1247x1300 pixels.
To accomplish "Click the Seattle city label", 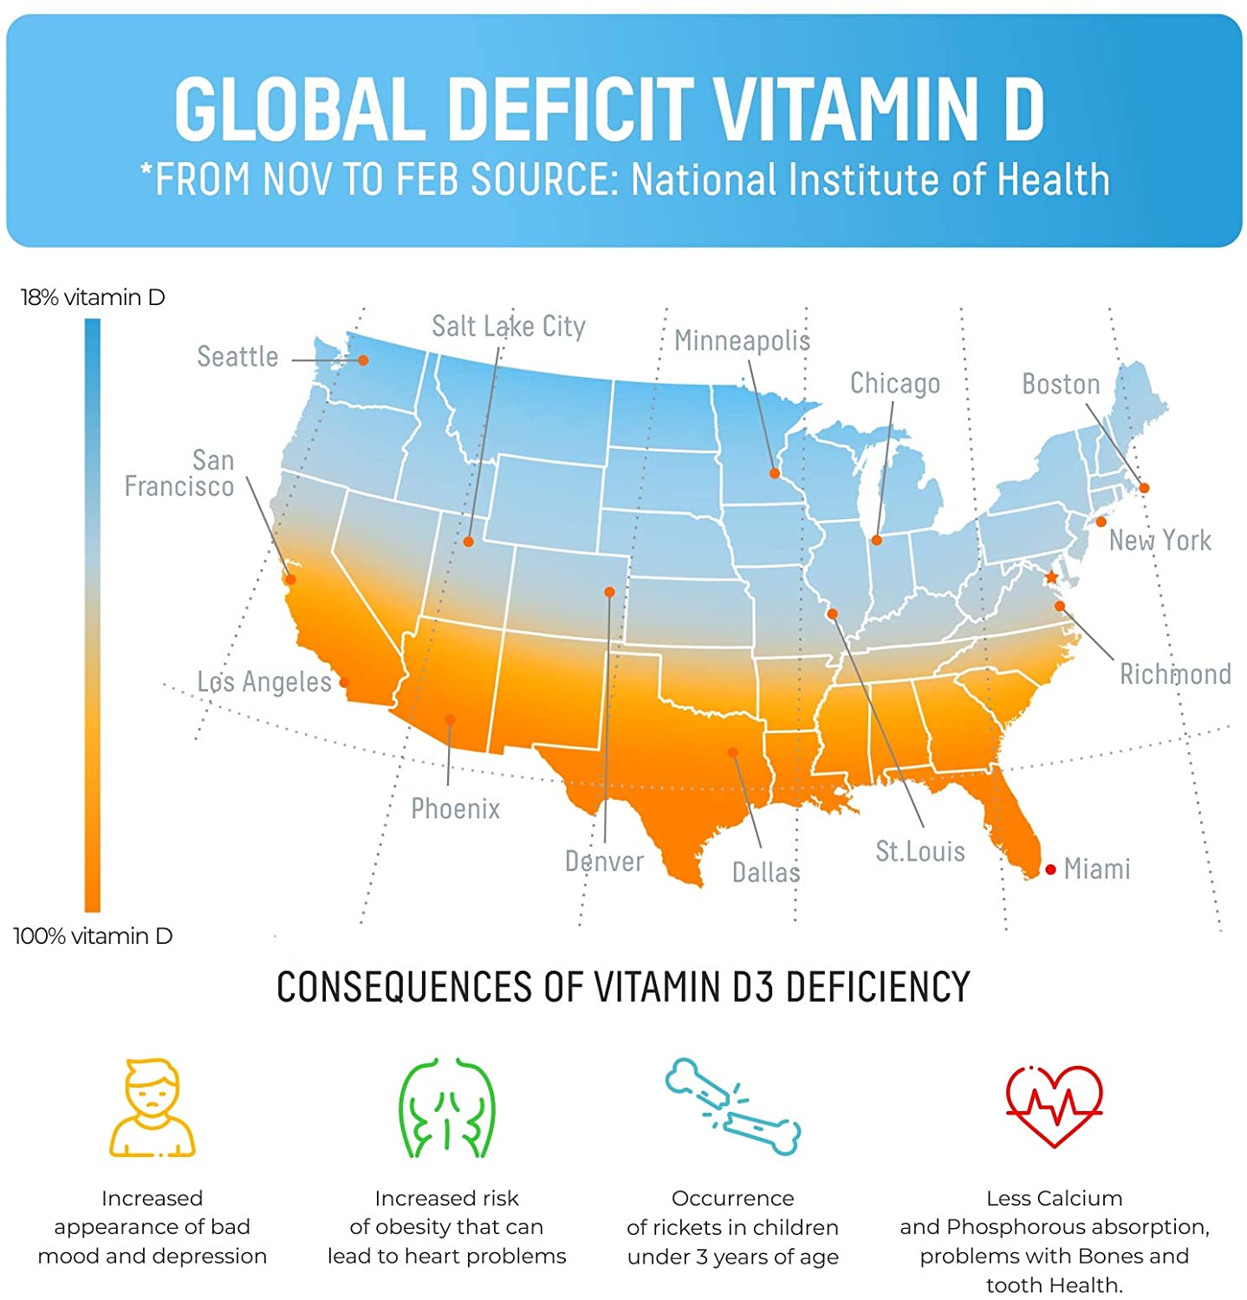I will tap(237, 356).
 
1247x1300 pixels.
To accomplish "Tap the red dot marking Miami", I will tap(1050, 869).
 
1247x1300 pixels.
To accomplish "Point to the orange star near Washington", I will tap(1051, 577).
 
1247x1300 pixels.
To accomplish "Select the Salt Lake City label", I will tap(509, 326).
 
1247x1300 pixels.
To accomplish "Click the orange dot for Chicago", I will tap(876, 540).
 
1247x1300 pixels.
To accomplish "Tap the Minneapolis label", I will tap(742, 341).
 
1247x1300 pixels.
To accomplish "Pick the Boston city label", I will tap(1061, 384).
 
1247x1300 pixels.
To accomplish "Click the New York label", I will tap(1159, 540).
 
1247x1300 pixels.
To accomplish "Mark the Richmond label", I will tap(1175, 673).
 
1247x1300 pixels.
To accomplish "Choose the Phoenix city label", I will tap(455, 809).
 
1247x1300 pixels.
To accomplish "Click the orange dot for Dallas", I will tap(733, 752).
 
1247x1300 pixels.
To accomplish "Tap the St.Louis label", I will tap(919, 851).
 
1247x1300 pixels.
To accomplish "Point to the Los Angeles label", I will tap(263, 682).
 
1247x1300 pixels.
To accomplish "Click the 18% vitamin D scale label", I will tap(93, 297).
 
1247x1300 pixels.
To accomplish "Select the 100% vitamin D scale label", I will tap(93, 936).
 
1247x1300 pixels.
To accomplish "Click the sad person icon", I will tap(153, 1108).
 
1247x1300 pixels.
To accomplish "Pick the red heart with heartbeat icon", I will tap(1054, 1106).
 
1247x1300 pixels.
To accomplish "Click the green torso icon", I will tap(446, 1108).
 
